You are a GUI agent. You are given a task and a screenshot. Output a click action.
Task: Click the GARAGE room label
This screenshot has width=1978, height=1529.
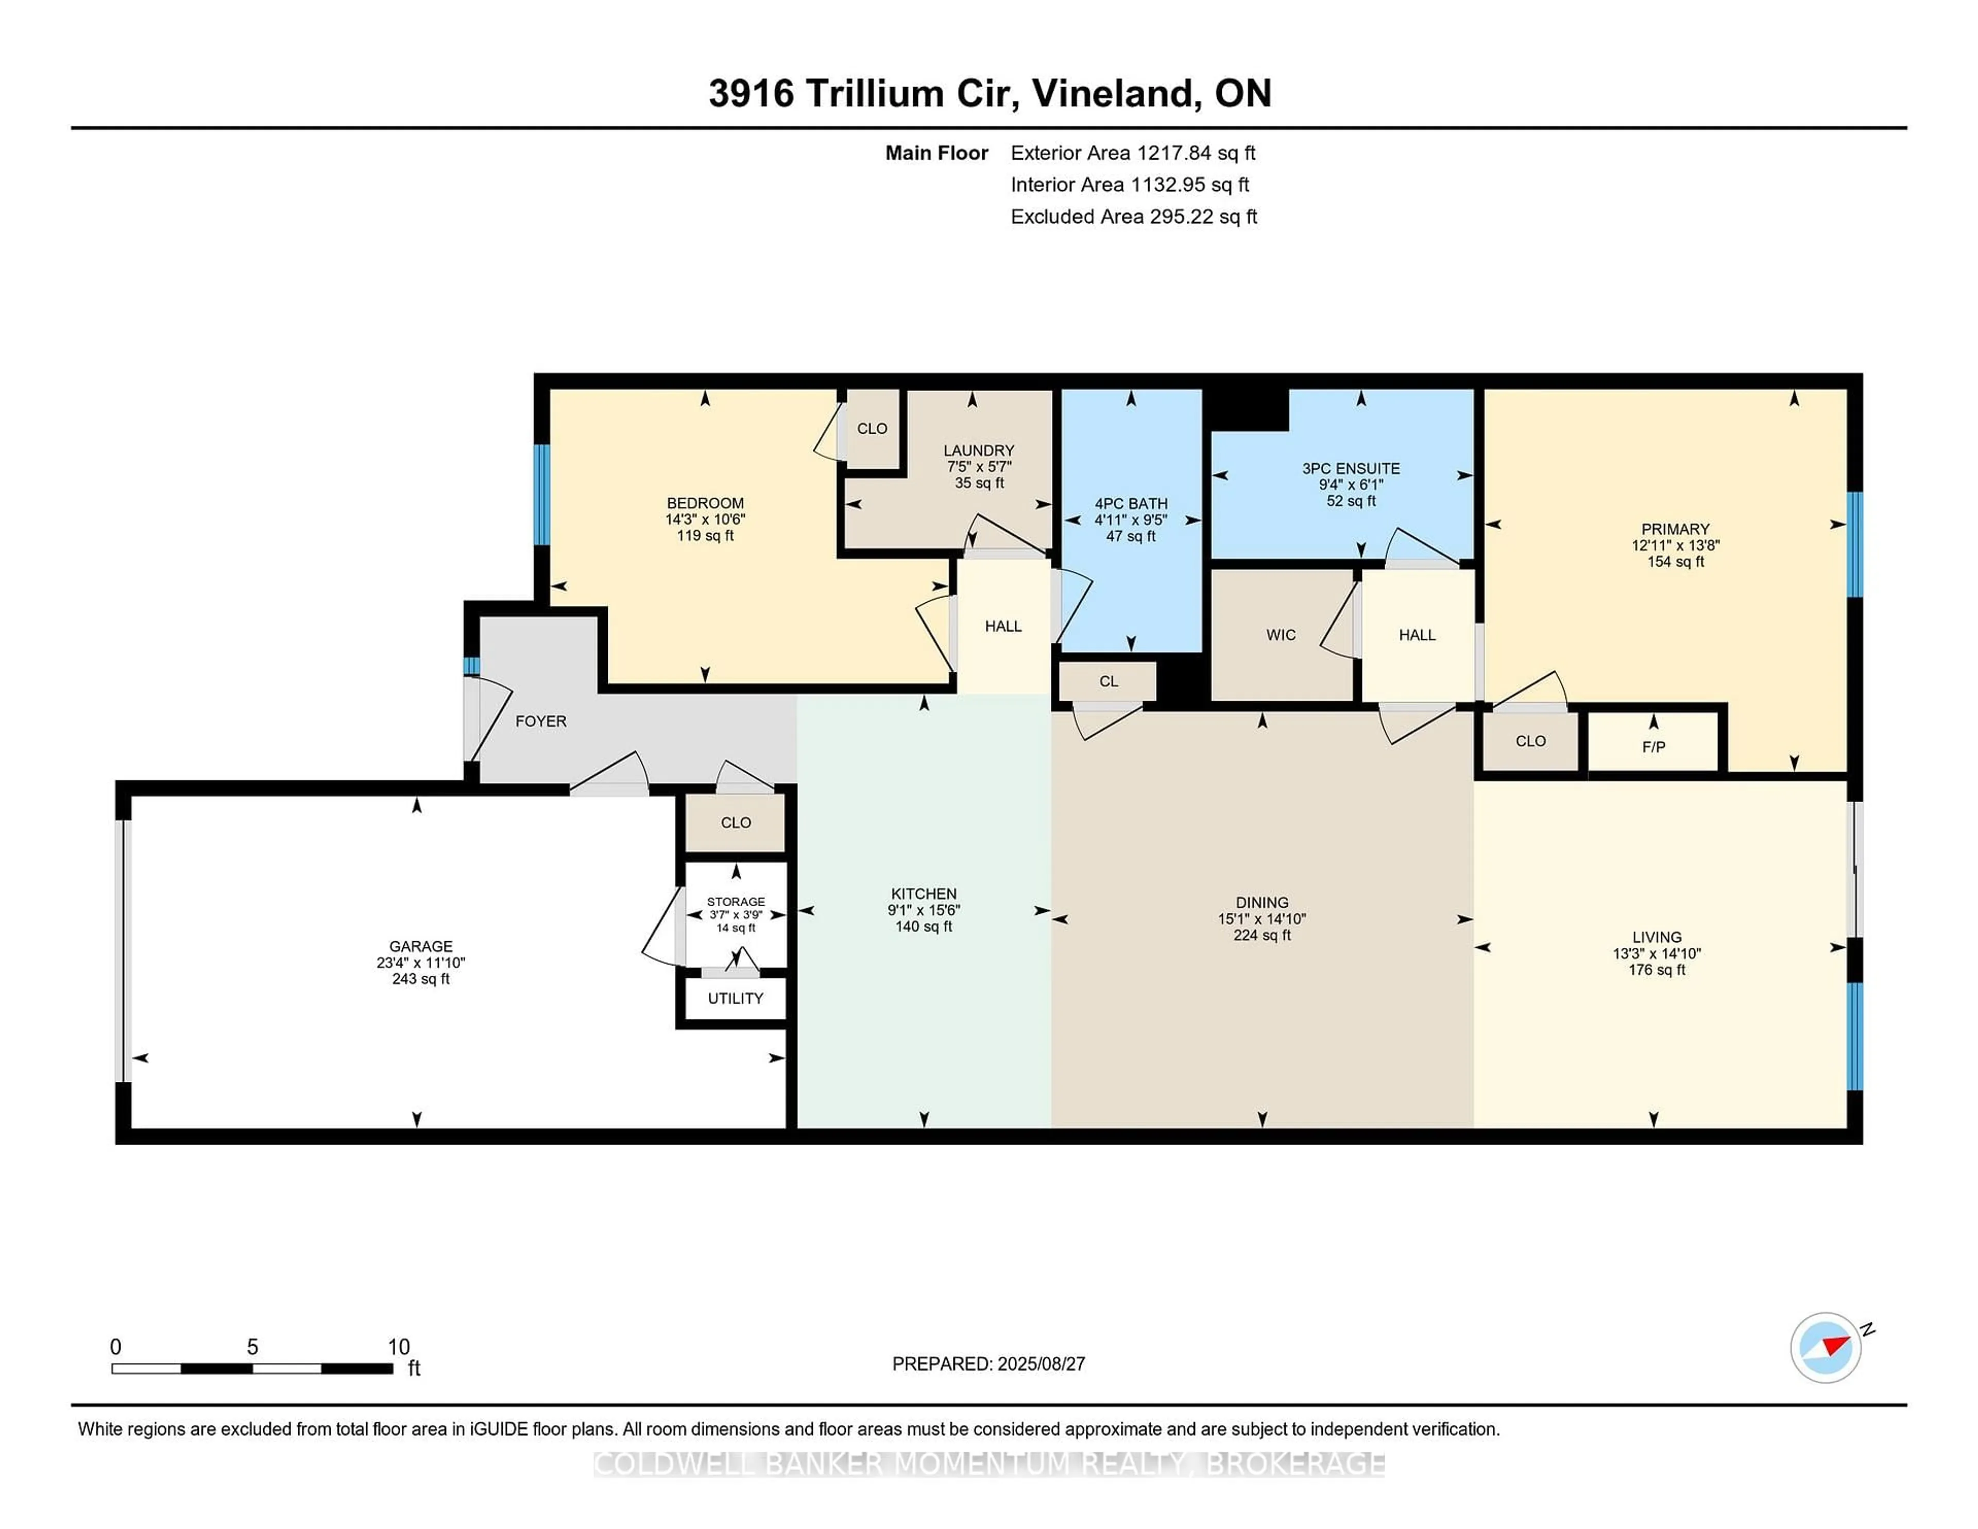click(420, 946)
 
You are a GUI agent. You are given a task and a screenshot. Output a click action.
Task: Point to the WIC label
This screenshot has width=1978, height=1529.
click(1281, 635)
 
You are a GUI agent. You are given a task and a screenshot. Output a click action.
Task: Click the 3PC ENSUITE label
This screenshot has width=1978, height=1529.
click(1351, 468)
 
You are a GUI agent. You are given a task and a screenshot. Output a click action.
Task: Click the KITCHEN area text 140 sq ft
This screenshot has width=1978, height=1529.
click(923, 927)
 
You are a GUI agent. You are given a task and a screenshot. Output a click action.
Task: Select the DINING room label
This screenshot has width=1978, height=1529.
click(1261, 902)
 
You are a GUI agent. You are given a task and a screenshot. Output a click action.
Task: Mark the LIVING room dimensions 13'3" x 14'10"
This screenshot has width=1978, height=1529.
click(1657, 953)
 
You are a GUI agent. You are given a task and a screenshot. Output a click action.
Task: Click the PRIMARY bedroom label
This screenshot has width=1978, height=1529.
click(1675, 529)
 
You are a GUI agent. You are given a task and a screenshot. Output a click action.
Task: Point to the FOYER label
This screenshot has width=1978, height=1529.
click(541, 721)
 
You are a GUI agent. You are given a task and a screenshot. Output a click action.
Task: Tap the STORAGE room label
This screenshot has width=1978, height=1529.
click(736, 902)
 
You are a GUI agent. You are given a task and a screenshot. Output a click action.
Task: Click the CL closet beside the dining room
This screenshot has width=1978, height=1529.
click(1109, 681)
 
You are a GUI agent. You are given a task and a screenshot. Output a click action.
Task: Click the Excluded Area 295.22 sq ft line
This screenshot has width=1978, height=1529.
click(1133, 216)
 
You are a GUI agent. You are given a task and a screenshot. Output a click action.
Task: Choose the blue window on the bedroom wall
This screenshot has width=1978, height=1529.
click(541, 495)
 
